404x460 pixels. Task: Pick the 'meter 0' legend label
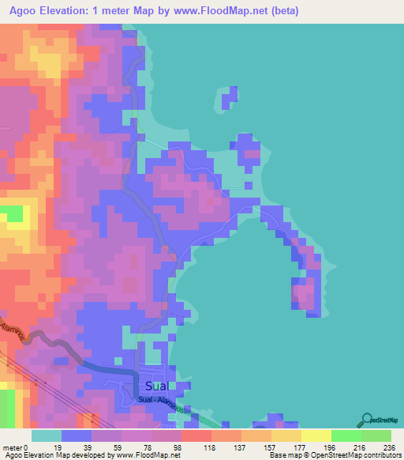16,447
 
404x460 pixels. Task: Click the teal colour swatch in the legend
47,435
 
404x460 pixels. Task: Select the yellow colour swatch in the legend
316,435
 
